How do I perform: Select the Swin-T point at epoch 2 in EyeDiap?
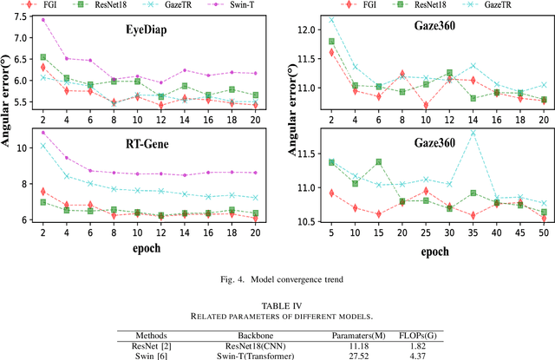(x=42, y=19)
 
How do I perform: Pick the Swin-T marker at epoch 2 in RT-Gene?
(x=42, y=133)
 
